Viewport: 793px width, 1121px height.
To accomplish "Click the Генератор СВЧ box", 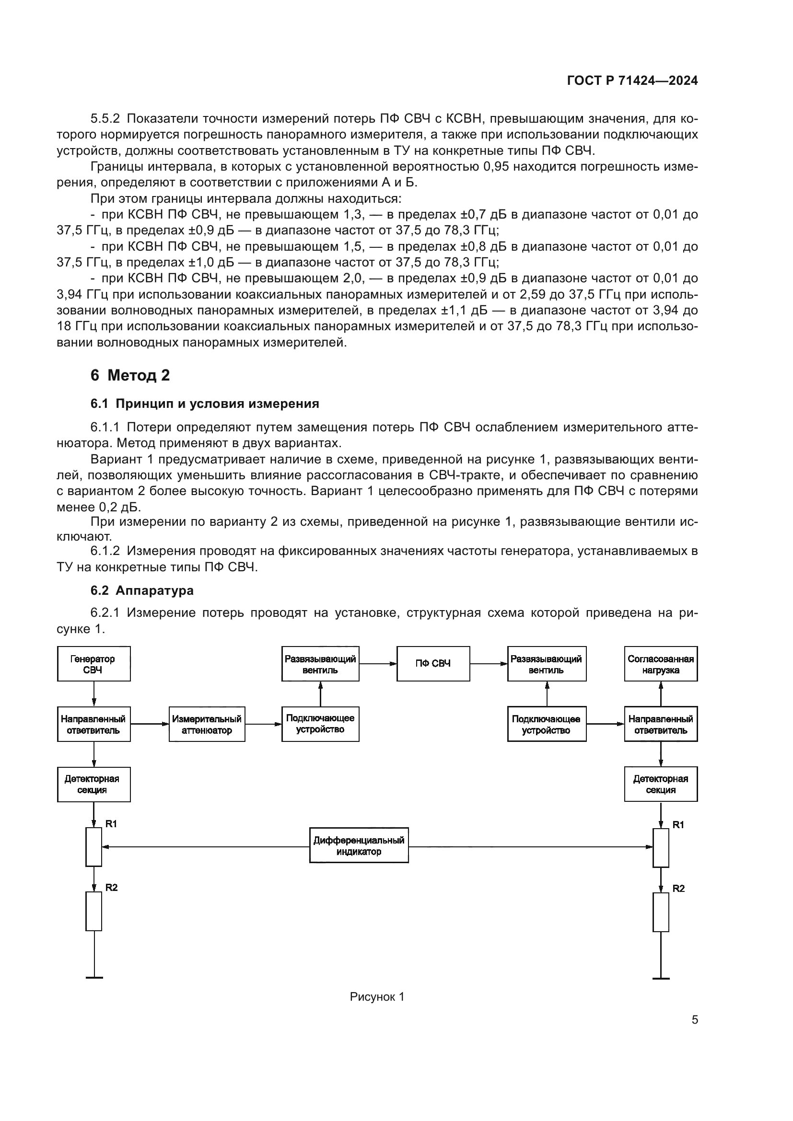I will point(94,663).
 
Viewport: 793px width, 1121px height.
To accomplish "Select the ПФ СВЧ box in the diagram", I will point(433,663).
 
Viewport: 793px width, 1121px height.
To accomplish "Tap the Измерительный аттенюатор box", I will point(207,724).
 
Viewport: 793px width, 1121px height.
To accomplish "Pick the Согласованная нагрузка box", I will point(661,663).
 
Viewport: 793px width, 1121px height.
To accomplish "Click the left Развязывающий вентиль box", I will point(320,663).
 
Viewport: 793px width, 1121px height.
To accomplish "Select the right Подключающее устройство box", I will point(547,724).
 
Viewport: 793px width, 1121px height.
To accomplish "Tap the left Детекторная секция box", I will point(94,785).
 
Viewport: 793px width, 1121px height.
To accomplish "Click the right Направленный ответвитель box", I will point(661,724).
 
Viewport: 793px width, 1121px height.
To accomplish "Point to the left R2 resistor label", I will point(111,888).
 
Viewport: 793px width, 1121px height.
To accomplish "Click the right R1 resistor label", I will point(678,825).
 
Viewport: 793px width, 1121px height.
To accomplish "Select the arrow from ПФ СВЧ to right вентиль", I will point(488,663).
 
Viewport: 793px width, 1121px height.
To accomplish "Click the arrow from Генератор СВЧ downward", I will point(94,693).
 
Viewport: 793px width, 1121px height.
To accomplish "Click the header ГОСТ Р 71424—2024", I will point(632,81).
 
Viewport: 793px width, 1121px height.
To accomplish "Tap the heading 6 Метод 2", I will point(130,375).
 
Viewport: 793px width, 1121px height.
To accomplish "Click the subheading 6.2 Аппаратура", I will point(141,590).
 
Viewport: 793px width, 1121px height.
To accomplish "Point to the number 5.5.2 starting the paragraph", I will point(105,119).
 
